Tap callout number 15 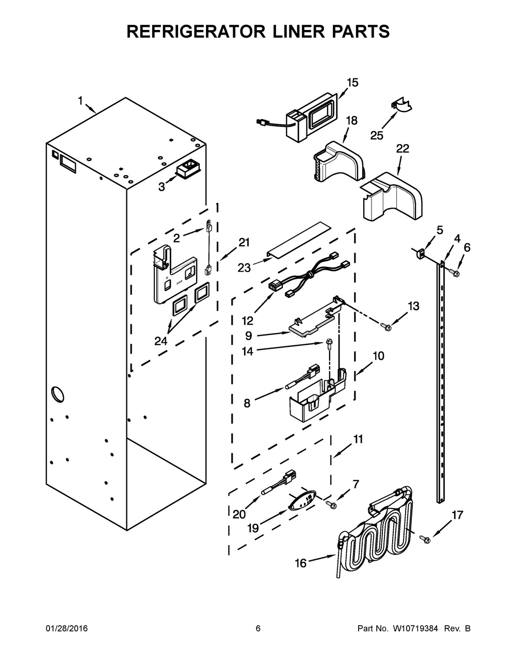352,83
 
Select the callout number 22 402,149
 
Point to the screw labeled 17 425,539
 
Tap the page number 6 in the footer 258,629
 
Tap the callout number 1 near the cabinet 80,101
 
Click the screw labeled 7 330,503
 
